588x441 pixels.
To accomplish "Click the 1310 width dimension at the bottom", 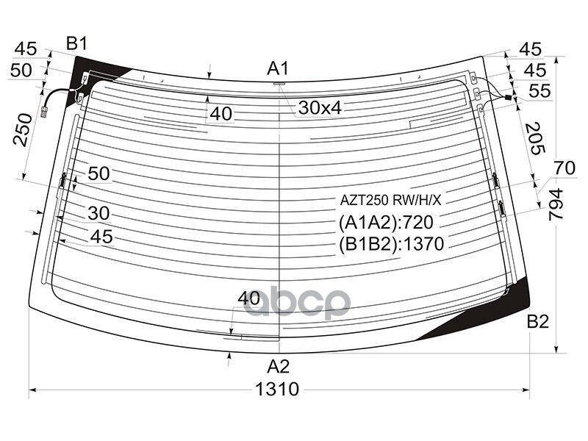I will tap(279, 390).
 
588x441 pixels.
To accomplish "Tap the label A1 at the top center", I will tap(278, 69).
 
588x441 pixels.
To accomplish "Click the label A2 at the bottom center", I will tap(278, 366).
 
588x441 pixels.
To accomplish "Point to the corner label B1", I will tap(76, 43).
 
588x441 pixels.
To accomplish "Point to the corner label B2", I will tap(538, 321).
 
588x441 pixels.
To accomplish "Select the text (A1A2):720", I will tap(387, 223).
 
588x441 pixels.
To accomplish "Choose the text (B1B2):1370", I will tap(391, 244).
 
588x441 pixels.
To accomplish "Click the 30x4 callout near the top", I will tap(320, 109).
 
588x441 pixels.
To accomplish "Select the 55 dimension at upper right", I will tap(539, 91).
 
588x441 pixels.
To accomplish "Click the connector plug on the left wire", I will tap(46, 112).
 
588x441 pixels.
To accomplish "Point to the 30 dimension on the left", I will tap(98, 213).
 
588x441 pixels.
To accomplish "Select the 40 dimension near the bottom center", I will tap(249, 298).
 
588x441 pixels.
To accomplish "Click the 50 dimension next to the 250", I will tap(21, 70).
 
